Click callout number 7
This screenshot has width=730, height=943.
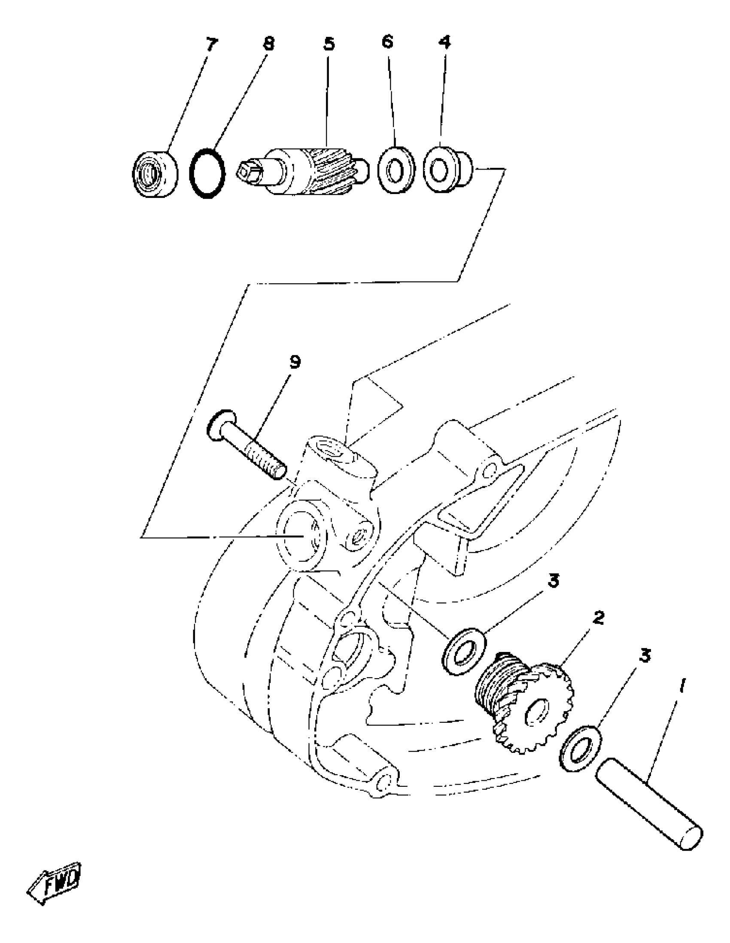click(x=211, y=45)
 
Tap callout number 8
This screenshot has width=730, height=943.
click(x=269, y=44)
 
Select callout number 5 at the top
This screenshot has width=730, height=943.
click(x=329, y=44)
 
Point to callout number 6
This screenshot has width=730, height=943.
click(x=387, y=42)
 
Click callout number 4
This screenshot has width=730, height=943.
click(x=444, y=42)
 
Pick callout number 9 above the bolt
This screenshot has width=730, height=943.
click(x=295, y=362)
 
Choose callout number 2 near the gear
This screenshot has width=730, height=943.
click(x=598, y=618)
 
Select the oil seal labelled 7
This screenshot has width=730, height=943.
click(x=155, y=174)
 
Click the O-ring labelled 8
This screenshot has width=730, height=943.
click(x=207, y=173)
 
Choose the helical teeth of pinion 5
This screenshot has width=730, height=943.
click(x=333, y=171)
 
